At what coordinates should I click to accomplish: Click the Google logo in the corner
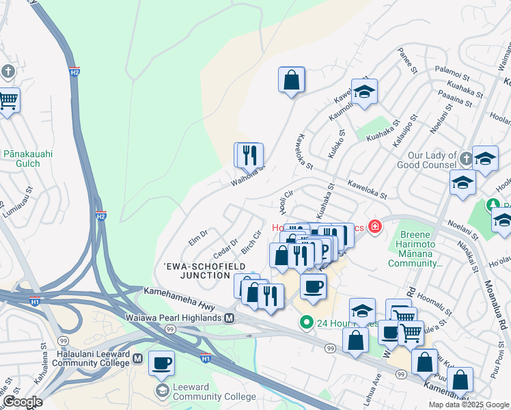(x=22, y=402)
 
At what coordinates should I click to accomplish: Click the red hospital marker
(x=374, y=226)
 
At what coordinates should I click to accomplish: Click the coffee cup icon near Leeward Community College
(x=161, y=363)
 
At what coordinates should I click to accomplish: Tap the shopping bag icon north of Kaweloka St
(x=291, y=80)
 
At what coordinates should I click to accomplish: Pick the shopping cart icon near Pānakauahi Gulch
(x=8, y=100)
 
